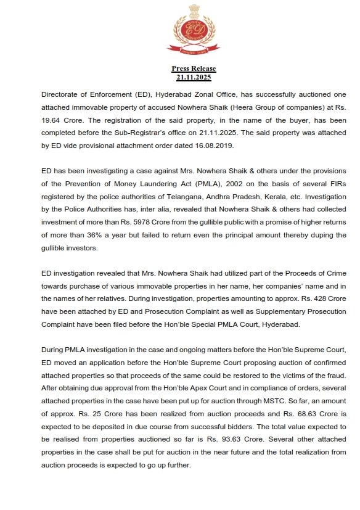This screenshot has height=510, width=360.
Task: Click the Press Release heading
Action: (194, 68)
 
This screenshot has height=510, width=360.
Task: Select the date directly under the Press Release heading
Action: (194, 77)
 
